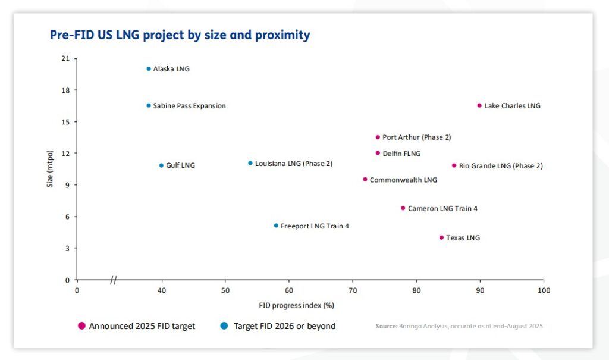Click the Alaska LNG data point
(x=149, y=69)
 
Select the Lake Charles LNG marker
(x=479, y=105)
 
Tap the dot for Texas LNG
(x=441, y=237)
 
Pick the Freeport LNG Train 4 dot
(x=276, y=226)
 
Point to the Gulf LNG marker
(x=161, y=165)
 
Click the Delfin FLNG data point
(x=378, y=153)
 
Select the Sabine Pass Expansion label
(x=189, y=106)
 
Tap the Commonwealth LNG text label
(x=403, y=180)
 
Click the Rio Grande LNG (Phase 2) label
(x=501, y=166)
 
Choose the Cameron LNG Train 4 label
(x=442, y=209)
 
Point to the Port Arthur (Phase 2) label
(x=416, y=137)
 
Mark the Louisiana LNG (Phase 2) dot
(x=250, y=163)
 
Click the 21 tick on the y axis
(x=65, y=59)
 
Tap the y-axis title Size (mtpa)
(x=51, y=169)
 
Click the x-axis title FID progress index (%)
(x=296, y=305)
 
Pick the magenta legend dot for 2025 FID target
(x=82, y=326)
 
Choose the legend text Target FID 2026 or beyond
(x=284, y=326)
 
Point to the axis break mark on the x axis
(x=113, y=280)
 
